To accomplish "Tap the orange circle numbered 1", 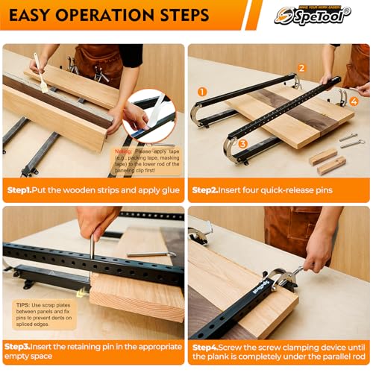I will (x=202, y=92).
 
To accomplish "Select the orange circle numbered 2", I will (x=301, y=68).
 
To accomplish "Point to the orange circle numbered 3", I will (x=242, y=144).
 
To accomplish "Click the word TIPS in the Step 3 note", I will (x=23, y=304).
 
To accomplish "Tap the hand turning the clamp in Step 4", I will (x=317, y=254).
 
